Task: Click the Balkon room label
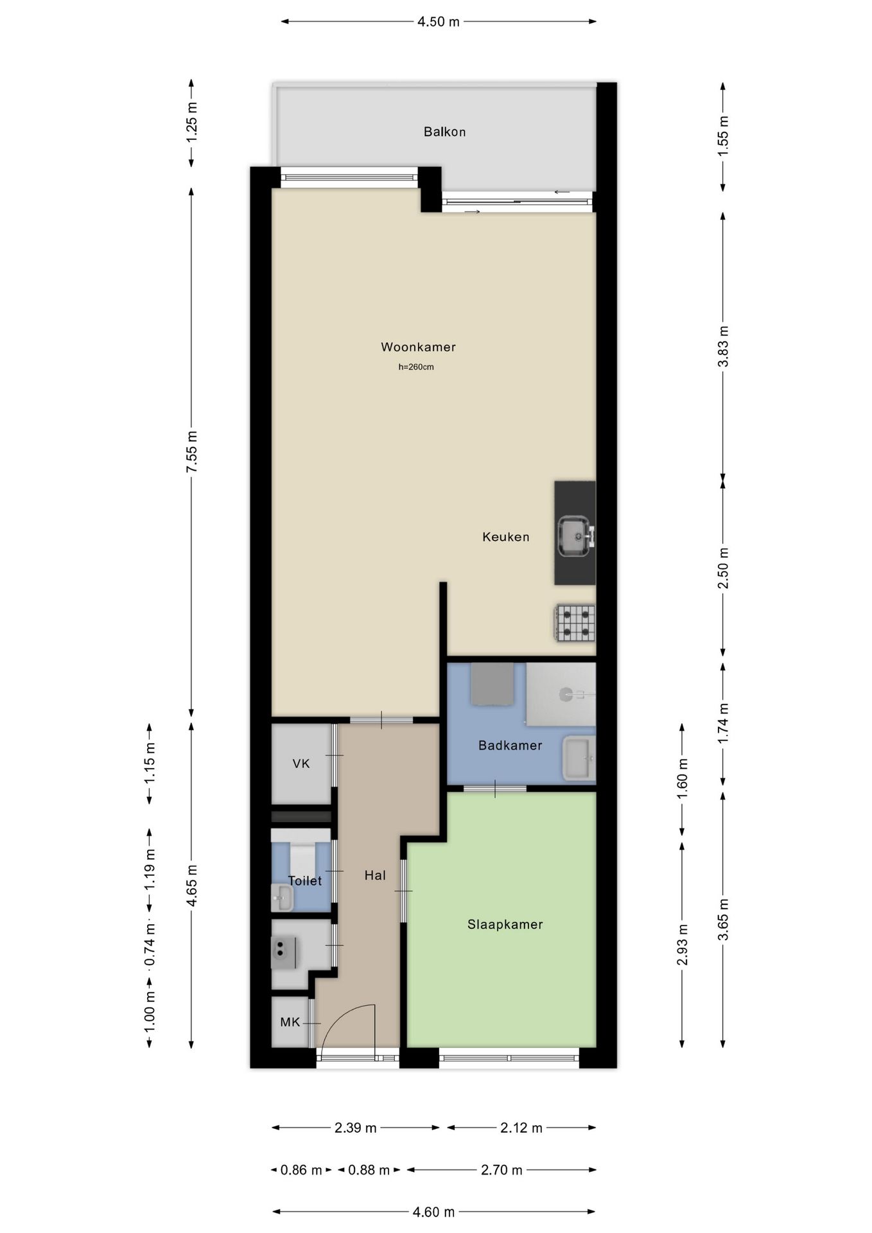tap(444, 132)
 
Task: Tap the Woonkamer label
tap(418, 347)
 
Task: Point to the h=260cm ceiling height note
tap(416, 367)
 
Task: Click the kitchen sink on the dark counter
tap(573, 536)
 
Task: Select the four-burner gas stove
tap(575, 623)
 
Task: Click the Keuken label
tap(506, 537)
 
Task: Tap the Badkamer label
tap(510, 746)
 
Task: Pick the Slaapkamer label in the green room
tap(505, 925)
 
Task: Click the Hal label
tap(375, 875)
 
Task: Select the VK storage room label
tap(301, 764)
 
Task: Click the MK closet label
tap(290, 1022)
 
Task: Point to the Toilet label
tap(304, 881)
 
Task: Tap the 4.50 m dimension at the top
tap(439, 22)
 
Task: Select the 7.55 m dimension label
tap(191, 452)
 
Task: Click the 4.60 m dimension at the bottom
tap(433, 1212)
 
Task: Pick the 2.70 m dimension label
tap(501, 1170)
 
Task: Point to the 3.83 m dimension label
tap(723, 346)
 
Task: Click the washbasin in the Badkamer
tap(578, 758)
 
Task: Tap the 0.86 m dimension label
tap(301, 1170)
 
